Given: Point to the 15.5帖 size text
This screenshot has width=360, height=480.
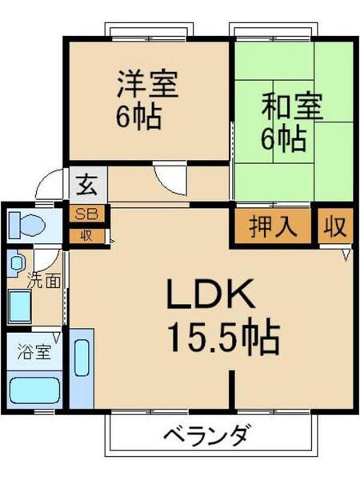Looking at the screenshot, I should (223, 340).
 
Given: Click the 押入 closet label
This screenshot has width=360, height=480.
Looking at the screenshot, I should (273, 226).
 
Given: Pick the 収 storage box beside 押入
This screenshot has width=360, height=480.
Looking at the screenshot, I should (334, 226).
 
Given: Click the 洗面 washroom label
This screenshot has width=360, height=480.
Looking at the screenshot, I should (41, 281).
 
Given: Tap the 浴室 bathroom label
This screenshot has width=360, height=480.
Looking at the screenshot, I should (34, 351).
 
